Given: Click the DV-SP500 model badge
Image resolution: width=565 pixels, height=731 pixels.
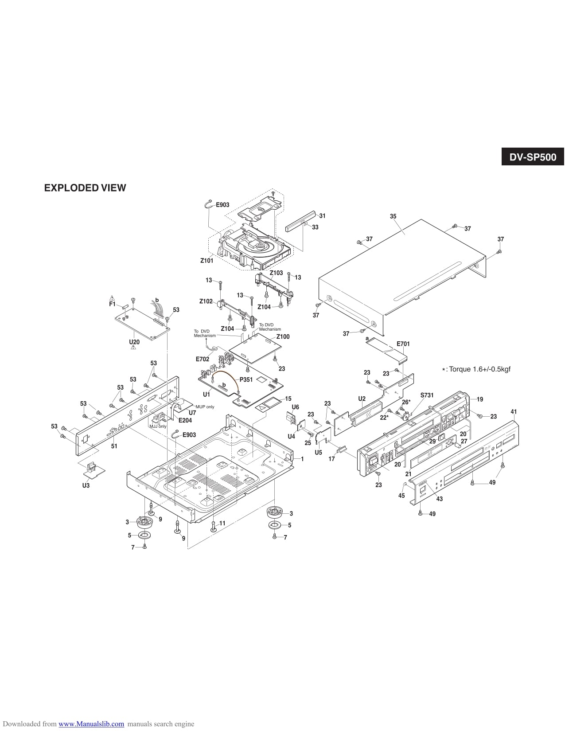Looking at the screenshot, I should coord(532,157).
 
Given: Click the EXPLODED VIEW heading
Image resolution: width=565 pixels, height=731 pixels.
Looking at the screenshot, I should coord(85,188).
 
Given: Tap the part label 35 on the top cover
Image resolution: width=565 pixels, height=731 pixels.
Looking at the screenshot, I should coord(393,216).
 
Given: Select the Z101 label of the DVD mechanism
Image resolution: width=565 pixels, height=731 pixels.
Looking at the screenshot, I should coord(207,261).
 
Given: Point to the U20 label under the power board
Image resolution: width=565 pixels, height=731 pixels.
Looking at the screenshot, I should coord(134,343).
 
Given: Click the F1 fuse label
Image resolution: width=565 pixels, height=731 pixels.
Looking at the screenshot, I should coord(112,305).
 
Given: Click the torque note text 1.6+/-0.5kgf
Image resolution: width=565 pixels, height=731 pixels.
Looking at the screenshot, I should coord(479,369).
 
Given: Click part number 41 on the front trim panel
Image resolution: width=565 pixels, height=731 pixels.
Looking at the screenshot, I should coord(514,412).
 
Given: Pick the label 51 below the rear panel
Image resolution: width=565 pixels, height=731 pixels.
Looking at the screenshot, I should coord(114,446).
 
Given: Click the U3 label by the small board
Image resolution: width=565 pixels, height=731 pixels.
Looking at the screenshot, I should coord(86,486).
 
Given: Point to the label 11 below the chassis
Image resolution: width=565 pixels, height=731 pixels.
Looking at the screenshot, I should coord(222,523).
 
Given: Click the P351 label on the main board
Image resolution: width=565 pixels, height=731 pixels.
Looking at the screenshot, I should coord(246,379).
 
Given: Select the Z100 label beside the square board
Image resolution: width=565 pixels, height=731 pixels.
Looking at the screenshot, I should coord(283,336).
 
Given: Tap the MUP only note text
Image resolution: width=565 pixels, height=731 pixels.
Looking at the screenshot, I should coord(204,407).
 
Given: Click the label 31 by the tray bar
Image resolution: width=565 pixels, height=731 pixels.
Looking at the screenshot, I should coord(322,216).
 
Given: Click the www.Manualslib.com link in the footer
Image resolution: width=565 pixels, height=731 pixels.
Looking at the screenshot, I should coord(91,724).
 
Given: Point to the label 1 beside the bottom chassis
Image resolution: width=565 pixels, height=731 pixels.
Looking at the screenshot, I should coord(302,459).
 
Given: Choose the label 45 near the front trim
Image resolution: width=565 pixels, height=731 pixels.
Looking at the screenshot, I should coord(401,496).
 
